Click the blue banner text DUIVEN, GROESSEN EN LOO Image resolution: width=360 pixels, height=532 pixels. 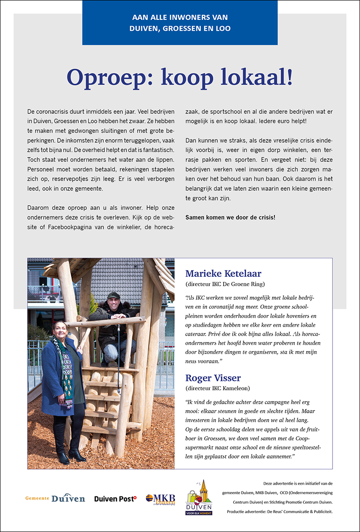(x=180, y=28)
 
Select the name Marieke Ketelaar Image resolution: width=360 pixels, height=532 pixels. (x=223, y=274)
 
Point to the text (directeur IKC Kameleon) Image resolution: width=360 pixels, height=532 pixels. (x=218, y=388)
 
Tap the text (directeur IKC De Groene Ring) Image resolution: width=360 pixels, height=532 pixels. (x=225, y=284)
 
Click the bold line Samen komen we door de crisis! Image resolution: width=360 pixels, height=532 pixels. (x=230, y=217)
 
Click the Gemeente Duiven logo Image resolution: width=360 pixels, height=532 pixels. (x=55, y=498)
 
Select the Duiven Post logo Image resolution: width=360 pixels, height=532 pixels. (x=115, y=498)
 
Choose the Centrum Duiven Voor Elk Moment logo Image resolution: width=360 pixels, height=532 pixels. (x=199, y=497)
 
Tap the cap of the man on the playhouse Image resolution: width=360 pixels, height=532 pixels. (x=114, y=295)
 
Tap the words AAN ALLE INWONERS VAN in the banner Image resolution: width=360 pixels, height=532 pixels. (x=180, y=18)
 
